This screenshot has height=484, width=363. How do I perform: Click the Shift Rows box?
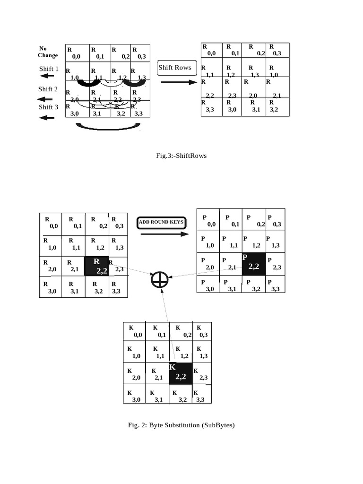click(175, 68)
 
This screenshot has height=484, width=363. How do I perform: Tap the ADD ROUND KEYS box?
click(161, 222)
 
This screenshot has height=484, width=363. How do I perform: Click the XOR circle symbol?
click(160, 280)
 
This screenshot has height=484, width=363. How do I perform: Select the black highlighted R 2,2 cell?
click(96, 266)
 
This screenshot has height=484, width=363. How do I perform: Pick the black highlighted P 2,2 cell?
click(254, 263)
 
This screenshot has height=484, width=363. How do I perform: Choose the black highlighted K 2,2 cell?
click(181, 373)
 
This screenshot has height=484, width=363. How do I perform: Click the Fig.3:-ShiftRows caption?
click(181, 156)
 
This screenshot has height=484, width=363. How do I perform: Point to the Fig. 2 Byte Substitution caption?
click(181, 425)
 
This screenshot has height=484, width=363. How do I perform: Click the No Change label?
click(47, 52)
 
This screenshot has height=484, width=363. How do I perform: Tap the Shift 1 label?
click(49, 69)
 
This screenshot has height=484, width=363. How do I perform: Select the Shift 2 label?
click(48, 89)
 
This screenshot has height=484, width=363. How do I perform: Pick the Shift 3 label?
click(48, 107)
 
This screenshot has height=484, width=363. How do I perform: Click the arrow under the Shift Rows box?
click(178, 82)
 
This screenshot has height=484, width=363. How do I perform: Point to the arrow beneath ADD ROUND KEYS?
click(161, 234)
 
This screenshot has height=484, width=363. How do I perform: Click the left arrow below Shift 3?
click(47, 118)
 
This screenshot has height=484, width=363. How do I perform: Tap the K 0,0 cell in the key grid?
click(135, 332)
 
